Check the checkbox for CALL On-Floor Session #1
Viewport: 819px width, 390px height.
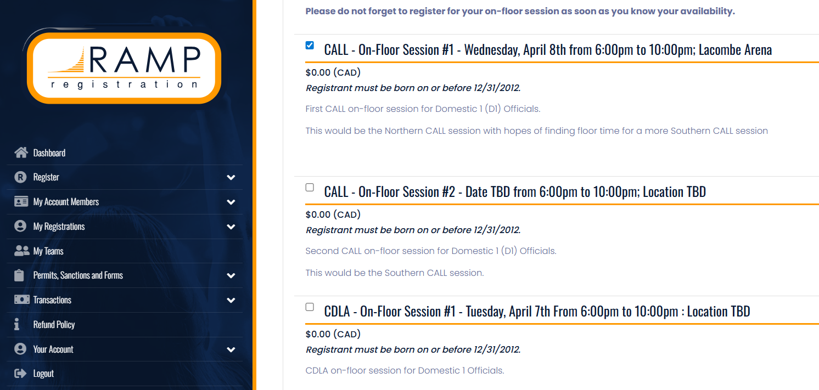click(310, 46)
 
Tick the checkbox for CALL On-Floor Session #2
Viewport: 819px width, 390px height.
click(310, 188)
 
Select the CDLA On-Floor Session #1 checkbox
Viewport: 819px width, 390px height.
click(310, 307)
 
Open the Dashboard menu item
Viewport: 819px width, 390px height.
click(49, 153)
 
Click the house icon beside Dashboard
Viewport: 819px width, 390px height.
click(21, 152)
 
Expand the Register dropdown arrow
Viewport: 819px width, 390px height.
click(231, 178)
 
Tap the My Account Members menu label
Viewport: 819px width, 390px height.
click(66, 202)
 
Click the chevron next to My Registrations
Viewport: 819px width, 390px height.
click(231, 227)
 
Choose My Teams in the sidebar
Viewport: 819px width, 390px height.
click(48, 251)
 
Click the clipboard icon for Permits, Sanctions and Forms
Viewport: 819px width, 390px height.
click(19, 275)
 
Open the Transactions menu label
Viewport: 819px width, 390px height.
click(52, 300)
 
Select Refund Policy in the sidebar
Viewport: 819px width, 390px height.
click(54, 325)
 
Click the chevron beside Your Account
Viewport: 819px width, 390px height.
click(231, 350)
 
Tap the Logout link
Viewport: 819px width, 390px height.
click(43, 374)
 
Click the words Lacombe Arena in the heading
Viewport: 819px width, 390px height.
click(735, 50)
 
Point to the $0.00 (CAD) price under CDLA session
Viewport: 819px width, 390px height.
click(333, 334)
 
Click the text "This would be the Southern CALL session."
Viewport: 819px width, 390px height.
click(395, 273)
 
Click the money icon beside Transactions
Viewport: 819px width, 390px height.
click(21, 299)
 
